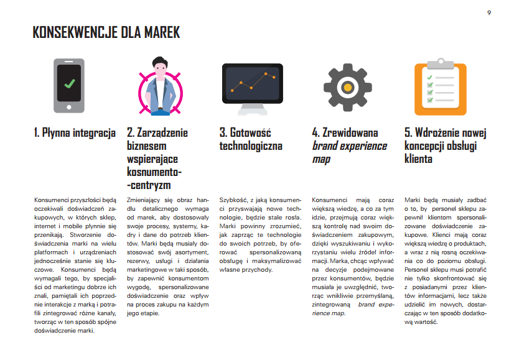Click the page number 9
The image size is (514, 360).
click(489, 13)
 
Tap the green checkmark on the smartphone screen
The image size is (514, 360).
click(70, 83)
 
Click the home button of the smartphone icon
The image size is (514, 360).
click(69, 107)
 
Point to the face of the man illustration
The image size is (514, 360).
click(161, 70)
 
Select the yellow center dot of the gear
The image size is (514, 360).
click(347, 88)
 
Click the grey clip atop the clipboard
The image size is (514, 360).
click(441, 63)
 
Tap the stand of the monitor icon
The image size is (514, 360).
click(253, 109)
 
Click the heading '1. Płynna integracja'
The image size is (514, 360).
click(75, 132)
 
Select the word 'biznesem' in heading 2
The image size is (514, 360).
click(146, 145)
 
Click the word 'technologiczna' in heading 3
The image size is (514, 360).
click(251, 145)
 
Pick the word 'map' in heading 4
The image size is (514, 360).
click(321, 160)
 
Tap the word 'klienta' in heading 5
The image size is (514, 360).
click(418, 159)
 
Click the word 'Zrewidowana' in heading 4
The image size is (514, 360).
click(350, 132)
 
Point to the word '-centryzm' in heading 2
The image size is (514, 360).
click(149, 185)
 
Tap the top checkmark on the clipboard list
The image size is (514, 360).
click(429, 78)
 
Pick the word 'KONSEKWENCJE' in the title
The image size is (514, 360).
click(75, 32)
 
